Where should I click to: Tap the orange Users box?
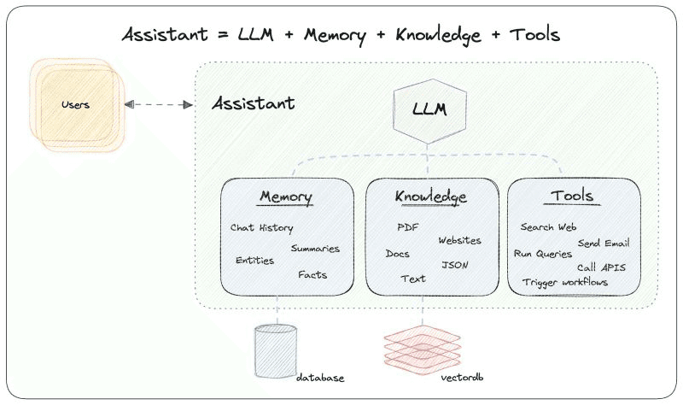click(x=76, y=105)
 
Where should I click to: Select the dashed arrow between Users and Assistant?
click(x=159, y=104)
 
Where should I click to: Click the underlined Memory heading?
click(x=286, y=197)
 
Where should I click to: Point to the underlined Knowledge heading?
click(x=431, y=197)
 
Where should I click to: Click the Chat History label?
click(x=262, y=228)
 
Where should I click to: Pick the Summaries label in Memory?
click(x=315, y=249)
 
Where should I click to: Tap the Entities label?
click(x=255, y=261)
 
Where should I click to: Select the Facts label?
click(x=312, y=275)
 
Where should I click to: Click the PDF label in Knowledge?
click(x=407, y=227)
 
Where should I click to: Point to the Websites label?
click(x=459, y=241)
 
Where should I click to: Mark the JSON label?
click(x=455, y=265)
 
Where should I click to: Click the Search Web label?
click(x=549, y=227)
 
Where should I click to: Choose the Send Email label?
click(x=604, y=244)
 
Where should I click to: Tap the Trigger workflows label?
click(x=565, y=282)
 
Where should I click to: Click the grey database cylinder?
click(x=275, y=351)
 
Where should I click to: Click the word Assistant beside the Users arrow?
click(x=254, y=104)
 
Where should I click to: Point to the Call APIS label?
click(x=601, y=267)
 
